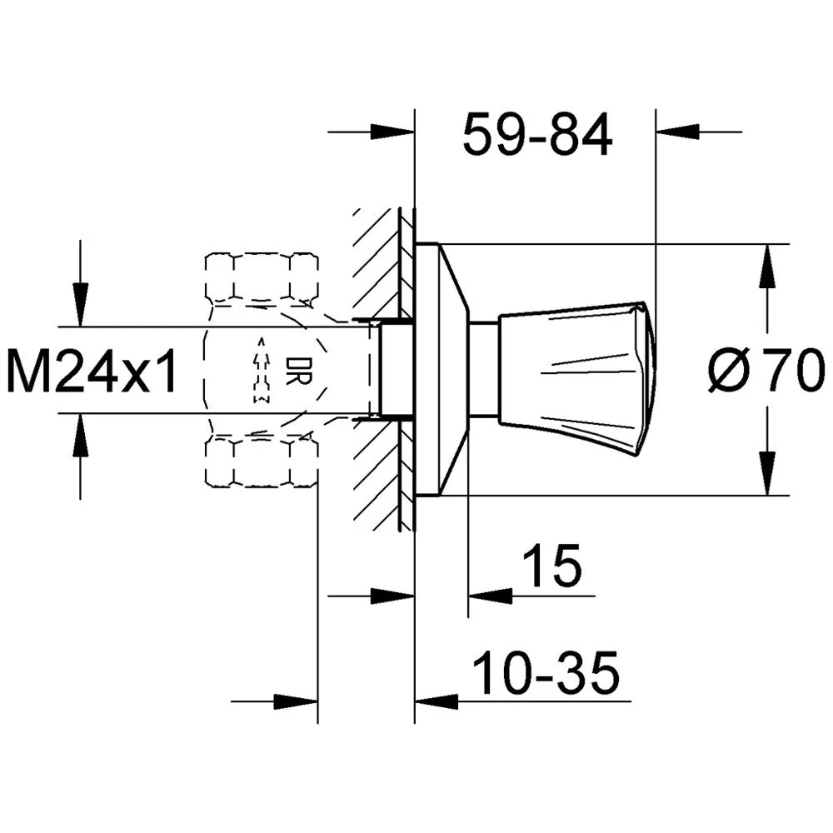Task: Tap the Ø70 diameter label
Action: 766,371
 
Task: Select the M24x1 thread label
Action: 92,371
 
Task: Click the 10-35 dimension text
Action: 546,673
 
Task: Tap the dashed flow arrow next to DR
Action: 262,370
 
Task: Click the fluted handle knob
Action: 575,370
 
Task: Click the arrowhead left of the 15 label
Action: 488,596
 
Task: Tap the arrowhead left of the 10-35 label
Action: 435,701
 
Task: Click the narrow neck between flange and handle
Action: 483,370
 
